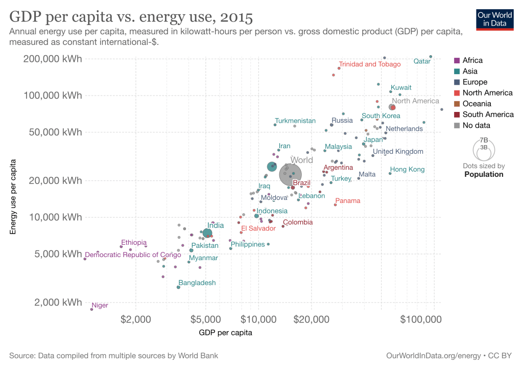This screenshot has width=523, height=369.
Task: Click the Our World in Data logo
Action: click(x=494, y=19)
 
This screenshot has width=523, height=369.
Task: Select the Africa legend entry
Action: click(x=472, y=60)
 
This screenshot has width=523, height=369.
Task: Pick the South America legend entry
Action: click(x=488, y=114)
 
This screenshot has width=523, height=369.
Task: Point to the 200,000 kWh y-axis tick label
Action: click(x=53, y=59)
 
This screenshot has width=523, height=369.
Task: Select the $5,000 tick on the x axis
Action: click(x=205, y=319)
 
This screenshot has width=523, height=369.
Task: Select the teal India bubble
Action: click(x=207, y=233)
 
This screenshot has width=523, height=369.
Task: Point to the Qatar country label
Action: click(x=422, y=61)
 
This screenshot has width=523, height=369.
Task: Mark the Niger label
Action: click(x=100, y=306)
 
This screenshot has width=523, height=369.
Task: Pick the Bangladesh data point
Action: click(x=178, y=287)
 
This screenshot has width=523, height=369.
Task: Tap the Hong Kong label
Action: click(x=407, y=170)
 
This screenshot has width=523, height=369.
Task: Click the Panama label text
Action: click(x=348, y=201)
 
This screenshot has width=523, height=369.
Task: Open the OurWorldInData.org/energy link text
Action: click(x=434, y=356)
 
